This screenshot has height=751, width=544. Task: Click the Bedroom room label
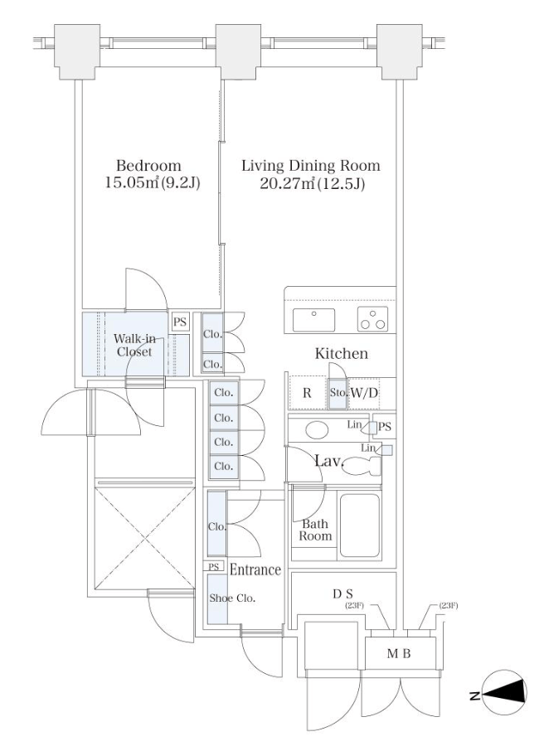point(148,166)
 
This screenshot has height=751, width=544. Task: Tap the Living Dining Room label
point(311,166)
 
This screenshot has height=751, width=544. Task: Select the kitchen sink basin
point(314,320)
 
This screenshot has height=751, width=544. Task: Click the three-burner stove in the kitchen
point(372,319)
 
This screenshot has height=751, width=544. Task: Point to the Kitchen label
point(342,353)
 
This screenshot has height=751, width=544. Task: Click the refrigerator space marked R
point(307,393)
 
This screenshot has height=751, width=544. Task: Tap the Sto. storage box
point(338,393)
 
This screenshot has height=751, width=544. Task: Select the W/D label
point(364,393)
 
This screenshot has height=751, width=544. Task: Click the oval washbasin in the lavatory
point(317,429)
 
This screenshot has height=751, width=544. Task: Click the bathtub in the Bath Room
point(360,526)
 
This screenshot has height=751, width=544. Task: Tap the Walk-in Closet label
point(134,345)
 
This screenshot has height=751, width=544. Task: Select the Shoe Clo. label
point(232,598)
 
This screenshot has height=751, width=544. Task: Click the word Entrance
point(255,569)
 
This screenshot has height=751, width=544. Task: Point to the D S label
point(343,594)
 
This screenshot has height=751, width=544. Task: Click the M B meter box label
point(399,653)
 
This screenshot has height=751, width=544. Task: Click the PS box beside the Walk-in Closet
point(180,322)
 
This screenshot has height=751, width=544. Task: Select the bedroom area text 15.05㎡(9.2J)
point(153,182)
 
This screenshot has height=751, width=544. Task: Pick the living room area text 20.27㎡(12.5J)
point(313,182)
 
